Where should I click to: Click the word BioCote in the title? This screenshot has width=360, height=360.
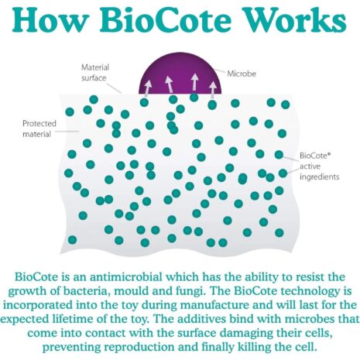coord(166,19)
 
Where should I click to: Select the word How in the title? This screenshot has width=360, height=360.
coord(50,19)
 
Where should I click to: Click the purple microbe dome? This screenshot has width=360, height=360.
coord(180,74)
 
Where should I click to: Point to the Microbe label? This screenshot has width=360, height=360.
coord(242,74)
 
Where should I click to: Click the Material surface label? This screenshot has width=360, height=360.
coord(95,73)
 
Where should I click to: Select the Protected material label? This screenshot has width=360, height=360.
coord(39,129)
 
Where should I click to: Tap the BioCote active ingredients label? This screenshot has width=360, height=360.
coord(319,166)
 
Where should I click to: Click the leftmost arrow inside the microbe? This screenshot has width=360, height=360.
coord(148,88)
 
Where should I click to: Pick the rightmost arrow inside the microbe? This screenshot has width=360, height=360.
coord(213,89)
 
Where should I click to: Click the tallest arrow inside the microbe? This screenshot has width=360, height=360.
coord(195,82)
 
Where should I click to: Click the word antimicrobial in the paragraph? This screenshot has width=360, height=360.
coord(126,277)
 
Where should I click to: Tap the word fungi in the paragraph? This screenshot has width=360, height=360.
coord(187,292)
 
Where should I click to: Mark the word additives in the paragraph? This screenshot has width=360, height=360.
coord(201,319)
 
